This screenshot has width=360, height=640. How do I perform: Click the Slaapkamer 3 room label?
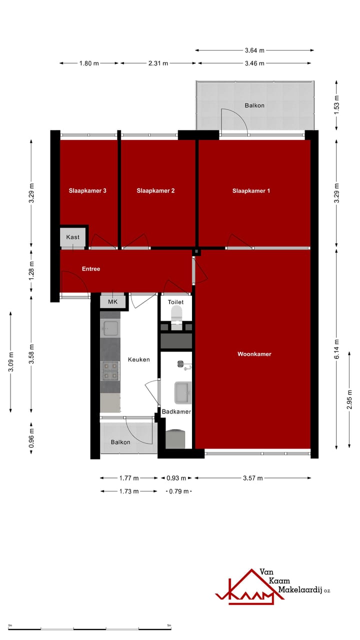(87, 190)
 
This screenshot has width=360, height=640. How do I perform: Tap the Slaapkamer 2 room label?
(155, 190)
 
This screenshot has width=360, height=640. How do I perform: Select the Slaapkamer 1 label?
(251, 190)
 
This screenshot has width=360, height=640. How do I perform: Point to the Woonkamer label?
(254, 354)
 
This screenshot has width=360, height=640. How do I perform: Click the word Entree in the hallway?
(91, 269)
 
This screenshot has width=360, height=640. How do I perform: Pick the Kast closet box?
(73, 237)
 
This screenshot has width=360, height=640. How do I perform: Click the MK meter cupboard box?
(112, 302)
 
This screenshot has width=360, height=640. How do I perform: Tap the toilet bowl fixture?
(176, 314)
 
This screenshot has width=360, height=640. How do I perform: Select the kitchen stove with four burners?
(110, 370)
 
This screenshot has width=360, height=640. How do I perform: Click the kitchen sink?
(110, 328)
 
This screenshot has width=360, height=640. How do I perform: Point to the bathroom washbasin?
(182, 392)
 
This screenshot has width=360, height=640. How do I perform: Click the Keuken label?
(138, 359)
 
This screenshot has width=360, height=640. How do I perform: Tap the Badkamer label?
(176, 411)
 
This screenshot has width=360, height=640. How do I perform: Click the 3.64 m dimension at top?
(254, 50)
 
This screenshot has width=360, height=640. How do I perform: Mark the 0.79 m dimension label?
(178, 491)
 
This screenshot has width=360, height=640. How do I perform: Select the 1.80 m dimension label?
(89, 63)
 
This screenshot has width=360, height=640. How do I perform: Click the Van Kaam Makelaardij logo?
(272, 586)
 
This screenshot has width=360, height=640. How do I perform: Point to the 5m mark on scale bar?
(169, 625)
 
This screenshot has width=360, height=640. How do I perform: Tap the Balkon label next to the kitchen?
(120, 442)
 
